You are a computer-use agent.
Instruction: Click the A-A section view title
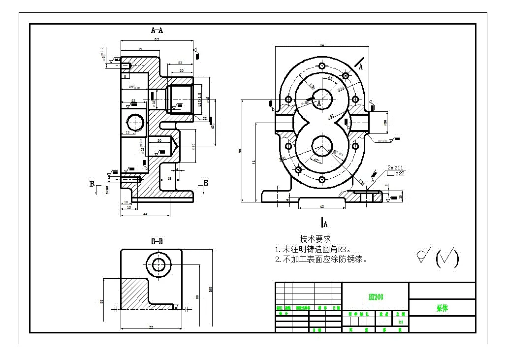click(157, 31)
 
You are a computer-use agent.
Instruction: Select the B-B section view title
click(157, 241)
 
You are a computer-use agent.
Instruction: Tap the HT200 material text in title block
click(376, 297)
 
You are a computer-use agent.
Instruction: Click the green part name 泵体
click(442, 308)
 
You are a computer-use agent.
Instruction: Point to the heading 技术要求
click(315, 238)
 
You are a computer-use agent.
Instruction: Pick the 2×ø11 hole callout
click(395, 167)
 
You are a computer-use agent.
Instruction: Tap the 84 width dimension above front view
click(321, 45)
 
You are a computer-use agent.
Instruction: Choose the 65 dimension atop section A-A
click(157, 39)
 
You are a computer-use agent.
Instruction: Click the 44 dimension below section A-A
click(145, 214)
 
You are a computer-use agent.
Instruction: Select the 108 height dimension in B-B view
click(211, 289)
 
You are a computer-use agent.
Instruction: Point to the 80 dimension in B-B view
click(197, 296)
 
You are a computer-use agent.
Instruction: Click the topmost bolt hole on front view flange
click(321, 65)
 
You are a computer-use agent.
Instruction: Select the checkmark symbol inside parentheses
click(447, 258)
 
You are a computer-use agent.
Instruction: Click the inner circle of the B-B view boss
click(158, 265)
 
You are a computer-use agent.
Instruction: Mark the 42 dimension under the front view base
click(321, 207)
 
